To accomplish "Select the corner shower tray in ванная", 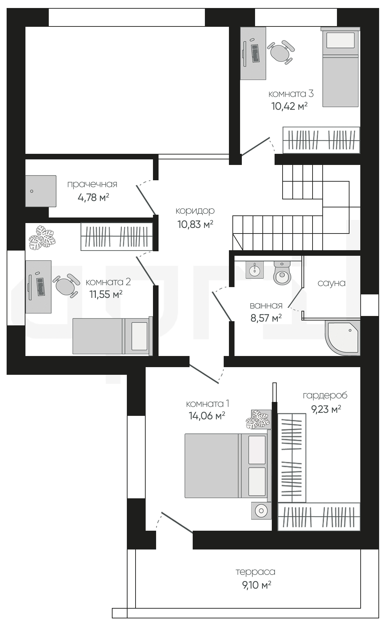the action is tap(343, 338).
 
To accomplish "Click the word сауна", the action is tap(331, 283).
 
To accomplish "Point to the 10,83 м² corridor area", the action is tap(195, 224).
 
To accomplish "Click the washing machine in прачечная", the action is tap(41, 191).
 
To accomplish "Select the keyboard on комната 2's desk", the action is tap(40, 287).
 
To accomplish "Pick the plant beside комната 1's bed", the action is tap(258, 420).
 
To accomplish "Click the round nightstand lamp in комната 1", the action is tap(261, 511).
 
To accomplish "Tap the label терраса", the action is tap(255, 572).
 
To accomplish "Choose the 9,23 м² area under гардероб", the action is tap(326, 409).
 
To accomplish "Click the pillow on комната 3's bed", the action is tap(340, 40).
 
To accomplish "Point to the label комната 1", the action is tap(207, 404).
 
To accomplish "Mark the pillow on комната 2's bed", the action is tap(139, 336).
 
